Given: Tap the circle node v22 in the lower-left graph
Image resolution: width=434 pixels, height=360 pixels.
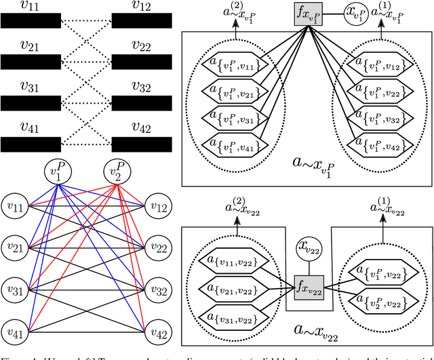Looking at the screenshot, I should (157, 248).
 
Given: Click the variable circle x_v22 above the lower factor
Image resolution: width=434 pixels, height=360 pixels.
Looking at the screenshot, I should (308, 249).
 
